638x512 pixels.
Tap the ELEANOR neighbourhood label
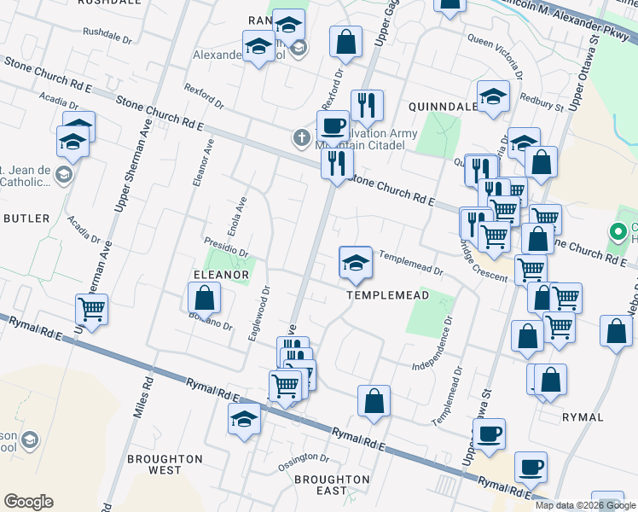pyautogui.click(x=221, y=275)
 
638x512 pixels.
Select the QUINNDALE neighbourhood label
pyautogui.click(x=443, y=107)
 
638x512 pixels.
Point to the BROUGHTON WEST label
pyautogui.click(x=165, y=464)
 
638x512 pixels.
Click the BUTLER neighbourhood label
pyautogui.click(x=27, y=218)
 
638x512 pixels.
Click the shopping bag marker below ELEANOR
pyautogui.click(x=204, y=300)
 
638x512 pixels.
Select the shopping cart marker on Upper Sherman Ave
pyautogui.click(x=91, y=310)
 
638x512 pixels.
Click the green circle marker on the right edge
pyautogui.click(x=617, y=231)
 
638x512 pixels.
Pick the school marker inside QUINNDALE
pyautogui.click(x=493, y=98)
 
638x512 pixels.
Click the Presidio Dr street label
pyautogui.click(x=226, y=246)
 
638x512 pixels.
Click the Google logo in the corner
pyautogui.click(x=28, y=502)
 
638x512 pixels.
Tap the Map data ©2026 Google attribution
pyautogui.click(x=586, y=505)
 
